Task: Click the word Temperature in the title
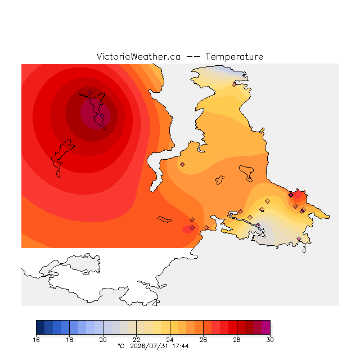click(x=234, y=57)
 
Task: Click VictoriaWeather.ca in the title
click(x=138, y=57)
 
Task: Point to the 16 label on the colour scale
click(x=36, y=340)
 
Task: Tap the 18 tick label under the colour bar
click(x=70, y=340)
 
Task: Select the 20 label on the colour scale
click(x=103, y=340)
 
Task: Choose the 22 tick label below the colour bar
click(x=136, y=340)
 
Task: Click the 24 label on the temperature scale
click(x=170, y=340)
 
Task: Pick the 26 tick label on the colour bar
click(x=203, y=340)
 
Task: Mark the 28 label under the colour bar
click(x=237, y=340)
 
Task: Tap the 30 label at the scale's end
click(x=270, y=340)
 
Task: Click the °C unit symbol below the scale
click(x=121, y=346)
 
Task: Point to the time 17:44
click(x=181, y=346)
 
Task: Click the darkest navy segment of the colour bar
click(x=40, y=327)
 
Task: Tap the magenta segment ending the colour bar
click(x=266, y=327)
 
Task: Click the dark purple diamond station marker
click(x=291, y=195)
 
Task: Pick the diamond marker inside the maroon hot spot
click(x=102, y=116)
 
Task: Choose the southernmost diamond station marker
click(x=299, y=238)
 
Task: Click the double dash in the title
click(x=193, y=57)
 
